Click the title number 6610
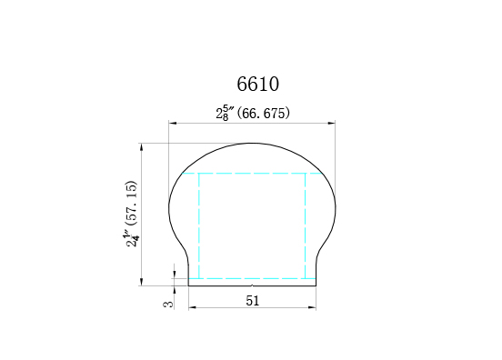pos(257,85)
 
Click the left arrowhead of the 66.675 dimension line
pos(171,124)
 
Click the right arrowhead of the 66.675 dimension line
pos(333,124)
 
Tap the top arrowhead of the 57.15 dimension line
pos(142,145)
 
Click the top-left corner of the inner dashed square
pos(199,173)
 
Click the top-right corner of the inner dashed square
pos(306,173)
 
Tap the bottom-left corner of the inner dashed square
pos(199,278)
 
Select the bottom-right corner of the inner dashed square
pos(306,278)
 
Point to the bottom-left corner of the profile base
pos(188,285)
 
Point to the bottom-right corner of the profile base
pos(316,285)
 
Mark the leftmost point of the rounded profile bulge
pos(169,208)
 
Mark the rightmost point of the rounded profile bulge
pos(336,208)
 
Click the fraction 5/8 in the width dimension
pos(225,114)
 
